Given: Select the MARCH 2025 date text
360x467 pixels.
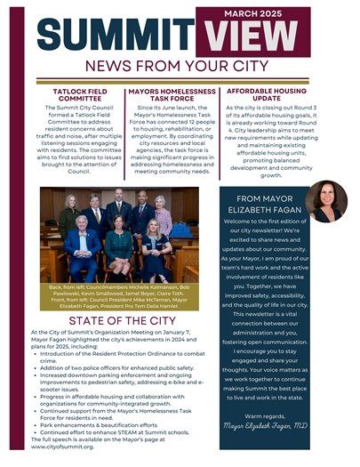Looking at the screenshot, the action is click(x=285, y=12).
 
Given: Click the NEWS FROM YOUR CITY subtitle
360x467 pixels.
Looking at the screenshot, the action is click(x=180, y=68).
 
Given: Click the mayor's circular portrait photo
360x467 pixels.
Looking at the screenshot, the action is click(x=326, y=202).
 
